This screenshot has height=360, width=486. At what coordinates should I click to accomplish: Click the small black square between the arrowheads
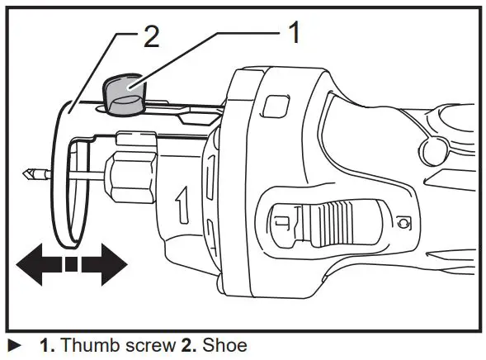tap(72, 265)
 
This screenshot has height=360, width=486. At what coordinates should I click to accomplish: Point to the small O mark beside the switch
tap(402, 221)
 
